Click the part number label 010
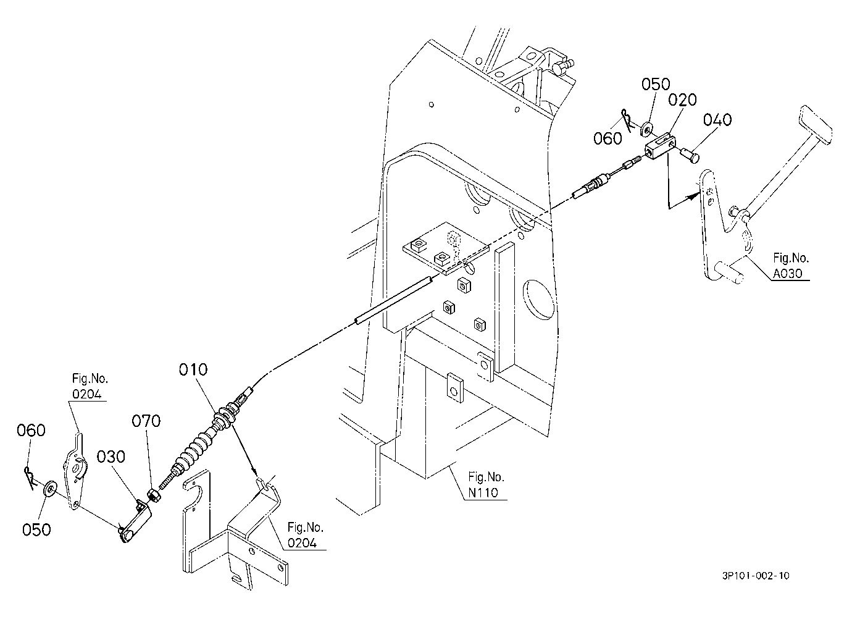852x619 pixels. coord(193,369)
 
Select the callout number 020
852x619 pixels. coord(683,100)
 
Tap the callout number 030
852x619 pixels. coord(111,457)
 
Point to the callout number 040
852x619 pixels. coord(717,120)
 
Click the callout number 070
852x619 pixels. coord(146,421)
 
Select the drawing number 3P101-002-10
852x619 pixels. coord(756,576)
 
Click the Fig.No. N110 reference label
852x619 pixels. coord(485,484)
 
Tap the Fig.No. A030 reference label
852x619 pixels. coord(791,266)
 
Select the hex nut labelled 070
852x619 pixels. coord(154,495)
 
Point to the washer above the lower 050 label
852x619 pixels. coord(50,489)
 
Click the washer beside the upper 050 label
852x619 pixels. coord(647,130)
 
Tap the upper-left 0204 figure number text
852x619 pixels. coord(87,394)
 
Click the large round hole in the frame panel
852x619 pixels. coord(539,300)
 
